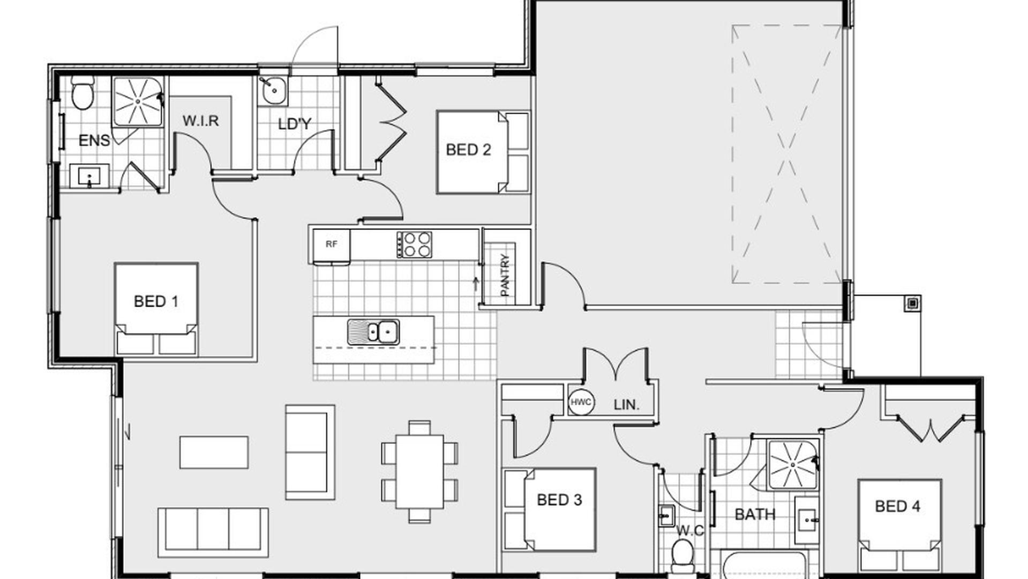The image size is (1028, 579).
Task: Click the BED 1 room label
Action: click(x=156, y=301)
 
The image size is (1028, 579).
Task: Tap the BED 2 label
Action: click(x=468, y=150)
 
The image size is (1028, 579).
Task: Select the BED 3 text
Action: click(x=559, y=500)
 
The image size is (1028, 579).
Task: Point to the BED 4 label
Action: click(x=897, y=506)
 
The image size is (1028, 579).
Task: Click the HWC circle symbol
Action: click(x=581, y=402)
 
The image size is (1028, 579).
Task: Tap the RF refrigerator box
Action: click(x=332, y=245)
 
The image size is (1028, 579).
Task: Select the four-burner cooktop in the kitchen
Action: click(x=414, y=244)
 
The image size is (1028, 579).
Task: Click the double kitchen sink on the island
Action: click(x=373, y=331)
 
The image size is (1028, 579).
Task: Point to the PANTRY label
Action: click(x=505, y=274)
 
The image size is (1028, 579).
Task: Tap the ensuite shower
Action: click(x=137, y=101)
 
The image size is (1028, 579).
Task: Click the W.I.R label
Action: click(x=201, y=121)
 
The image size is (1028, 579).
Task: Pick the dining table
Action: click(x=419, y=472)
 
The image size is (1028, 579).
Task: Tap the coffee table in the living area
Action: click(x=214, y=452)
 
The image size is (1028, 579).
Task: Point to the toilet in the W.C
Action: click(x=682, y=553)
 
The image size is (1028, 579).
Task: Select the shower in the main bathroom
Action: click(x=792, y=465)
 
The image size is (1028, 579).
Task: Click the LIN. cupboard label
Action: click(x=626, y=405)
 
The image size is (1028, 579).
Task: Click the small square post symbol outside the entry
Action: click(x=913, y=303)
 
